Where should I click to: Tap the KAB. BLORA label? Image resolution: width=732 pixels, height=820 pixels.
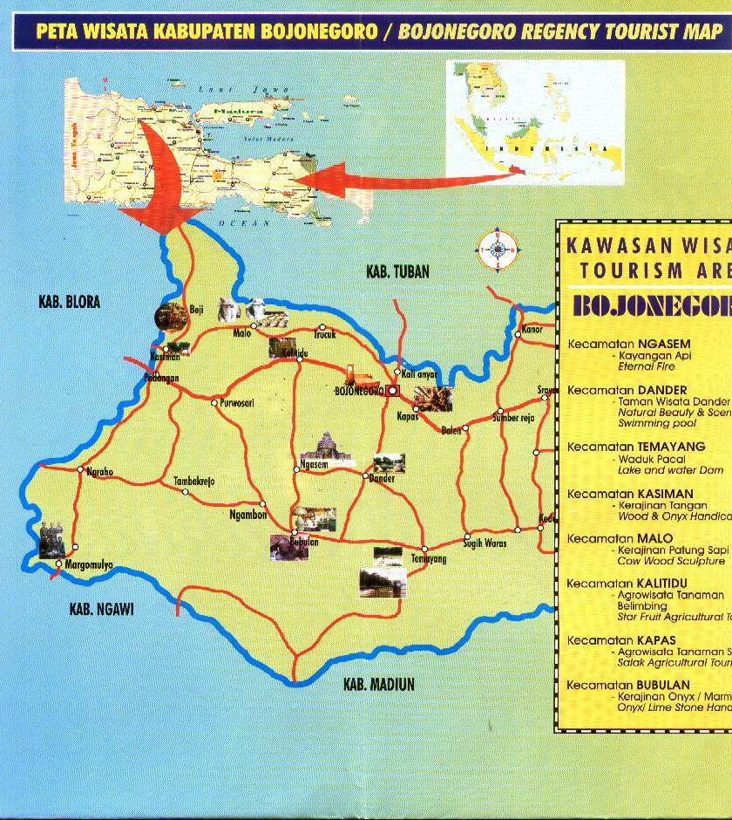click(x=70, y=303)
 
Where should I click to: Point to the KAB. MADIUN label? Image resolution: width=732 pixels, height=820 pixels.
click(x=379, y=684)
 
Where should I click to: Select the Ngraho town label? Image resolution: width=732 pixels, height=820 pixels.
click(x=100, y=472)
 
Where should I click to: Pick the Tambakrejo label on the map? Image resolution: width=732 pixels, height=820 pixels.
click(x=194, y=481)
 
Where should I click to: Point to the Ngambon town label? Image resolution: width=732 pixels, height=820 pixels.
click(x=247, y=515)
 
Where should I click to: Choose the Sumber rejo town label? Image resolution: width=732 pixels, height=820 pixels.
click(x=513, y=418)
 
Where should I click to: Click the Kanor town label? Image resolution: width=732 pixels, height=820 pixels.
click(x=532, y=330)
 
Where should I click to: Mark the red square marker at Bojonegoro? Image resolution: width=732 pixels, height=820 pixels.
click(x=392, y=391)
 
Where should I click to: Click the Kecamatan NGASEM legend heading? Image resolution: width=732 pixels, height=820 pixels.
click(x=628, y=345)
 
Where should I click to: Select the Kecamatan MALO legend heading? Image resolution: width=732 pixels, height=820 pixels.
click(x=620, y=538)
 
